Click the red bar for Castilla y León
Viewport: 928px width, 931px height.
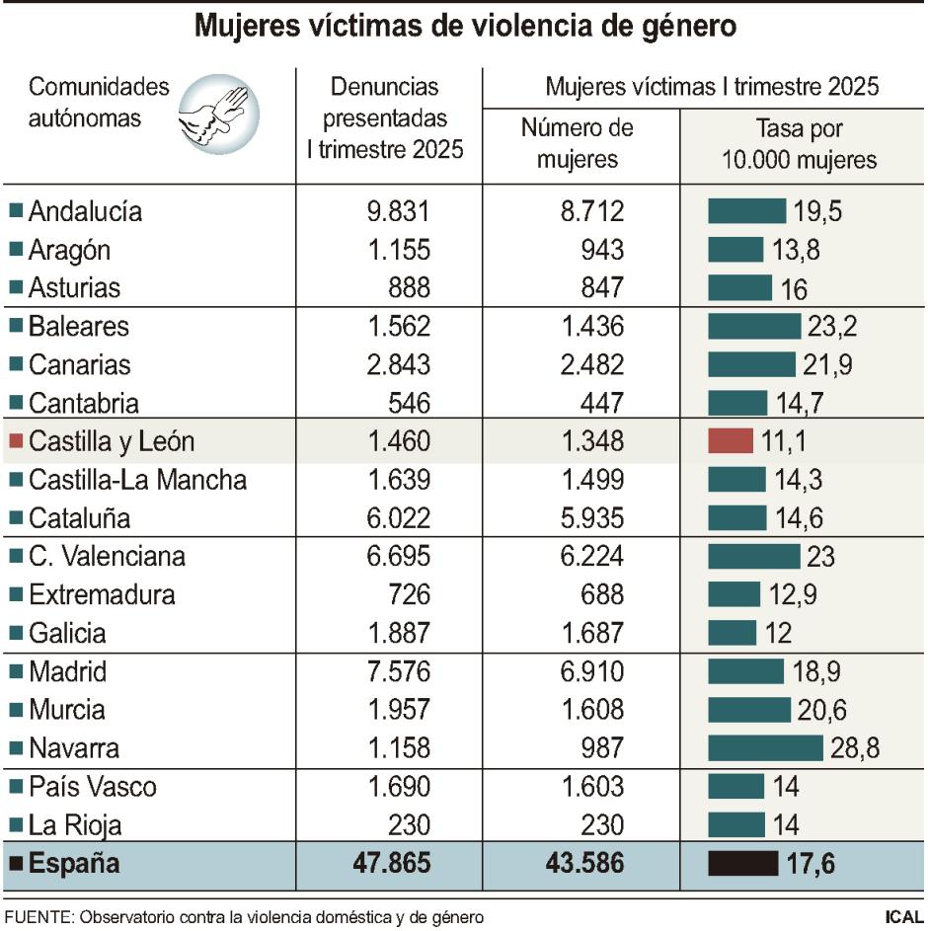coord(730,441)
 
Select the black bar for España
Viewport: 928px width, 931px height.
coord(742,864)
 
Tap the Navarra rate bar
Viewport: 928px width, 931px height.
coord(765,748)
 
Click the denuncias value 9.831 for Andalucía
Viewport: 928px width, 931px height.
coord(392,211)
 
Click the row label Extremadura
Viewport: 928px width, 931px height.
coord(102,595)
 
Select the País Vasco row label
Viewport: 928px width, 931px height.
coord(92,787)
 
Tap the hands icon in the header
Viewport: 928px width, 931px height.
coord(218,116)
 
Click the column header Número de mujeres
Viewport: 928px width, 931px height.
coord(578,143)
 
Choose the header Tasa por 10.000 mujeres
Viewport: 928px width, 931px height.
coord(800,143)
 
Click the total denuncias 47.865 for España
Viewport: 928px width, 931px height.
coord(391,864)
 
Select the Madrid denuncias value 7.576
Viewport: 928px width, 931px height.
coord(392,672)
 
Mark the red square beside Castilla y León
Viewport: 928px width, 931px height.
coord(15,442)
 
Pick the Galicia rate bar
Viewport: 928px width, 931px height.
coord(732,634)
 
